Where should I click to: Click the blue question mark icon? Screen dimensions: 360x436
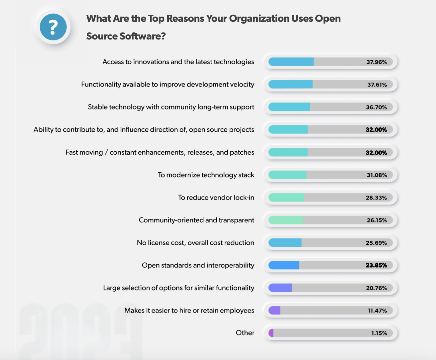click(x=53, y=27)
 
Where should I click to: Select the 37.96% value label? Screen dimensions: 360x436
click(x=377, y=62)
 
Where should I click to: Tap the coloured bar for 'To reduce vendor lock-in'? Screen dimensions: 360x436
click(x=286, y=197)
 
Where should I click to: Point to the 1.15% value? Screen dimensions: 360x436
click(x=379, y=333)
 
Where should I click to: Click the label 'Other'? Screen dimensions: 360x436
click(x=245, y=333)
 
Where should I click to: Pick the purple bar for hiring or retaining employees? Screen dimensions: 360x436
click(x=274, y=310)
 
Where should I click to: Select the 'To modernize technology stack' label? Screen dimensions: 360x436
click(x=206, y=175)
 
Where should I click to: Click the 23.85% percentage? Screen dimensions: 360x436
click(x=376, y=265)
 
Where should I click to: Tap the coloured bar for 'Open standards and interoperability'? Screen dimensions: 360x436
click(x=284, y=265)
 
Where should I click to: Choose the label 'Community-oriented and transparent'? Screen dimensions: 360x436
click(x=196, y=220)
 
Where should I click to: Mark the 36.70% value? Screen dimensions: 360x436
click(x=376, y=107)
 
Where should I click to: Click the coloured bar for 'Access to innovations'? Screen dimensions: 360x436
click(x=291, y=62)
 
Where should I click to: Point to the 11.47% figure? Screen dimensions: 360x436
click(x=377, y=311)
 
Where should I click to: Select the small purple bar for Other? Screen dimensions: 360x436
click(x=271, y=333)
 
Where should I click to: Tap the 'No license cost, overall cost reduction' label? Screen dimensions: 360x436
click(x=195, y=243)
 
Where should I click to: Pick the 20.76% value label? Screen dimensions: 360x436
click(x=376, y=288)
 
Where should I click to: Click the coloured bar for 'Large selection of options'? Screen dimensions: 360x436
click(x=280, y=288)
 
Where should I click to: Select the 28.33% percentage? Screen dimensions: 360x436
click(x=376, y=198)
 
